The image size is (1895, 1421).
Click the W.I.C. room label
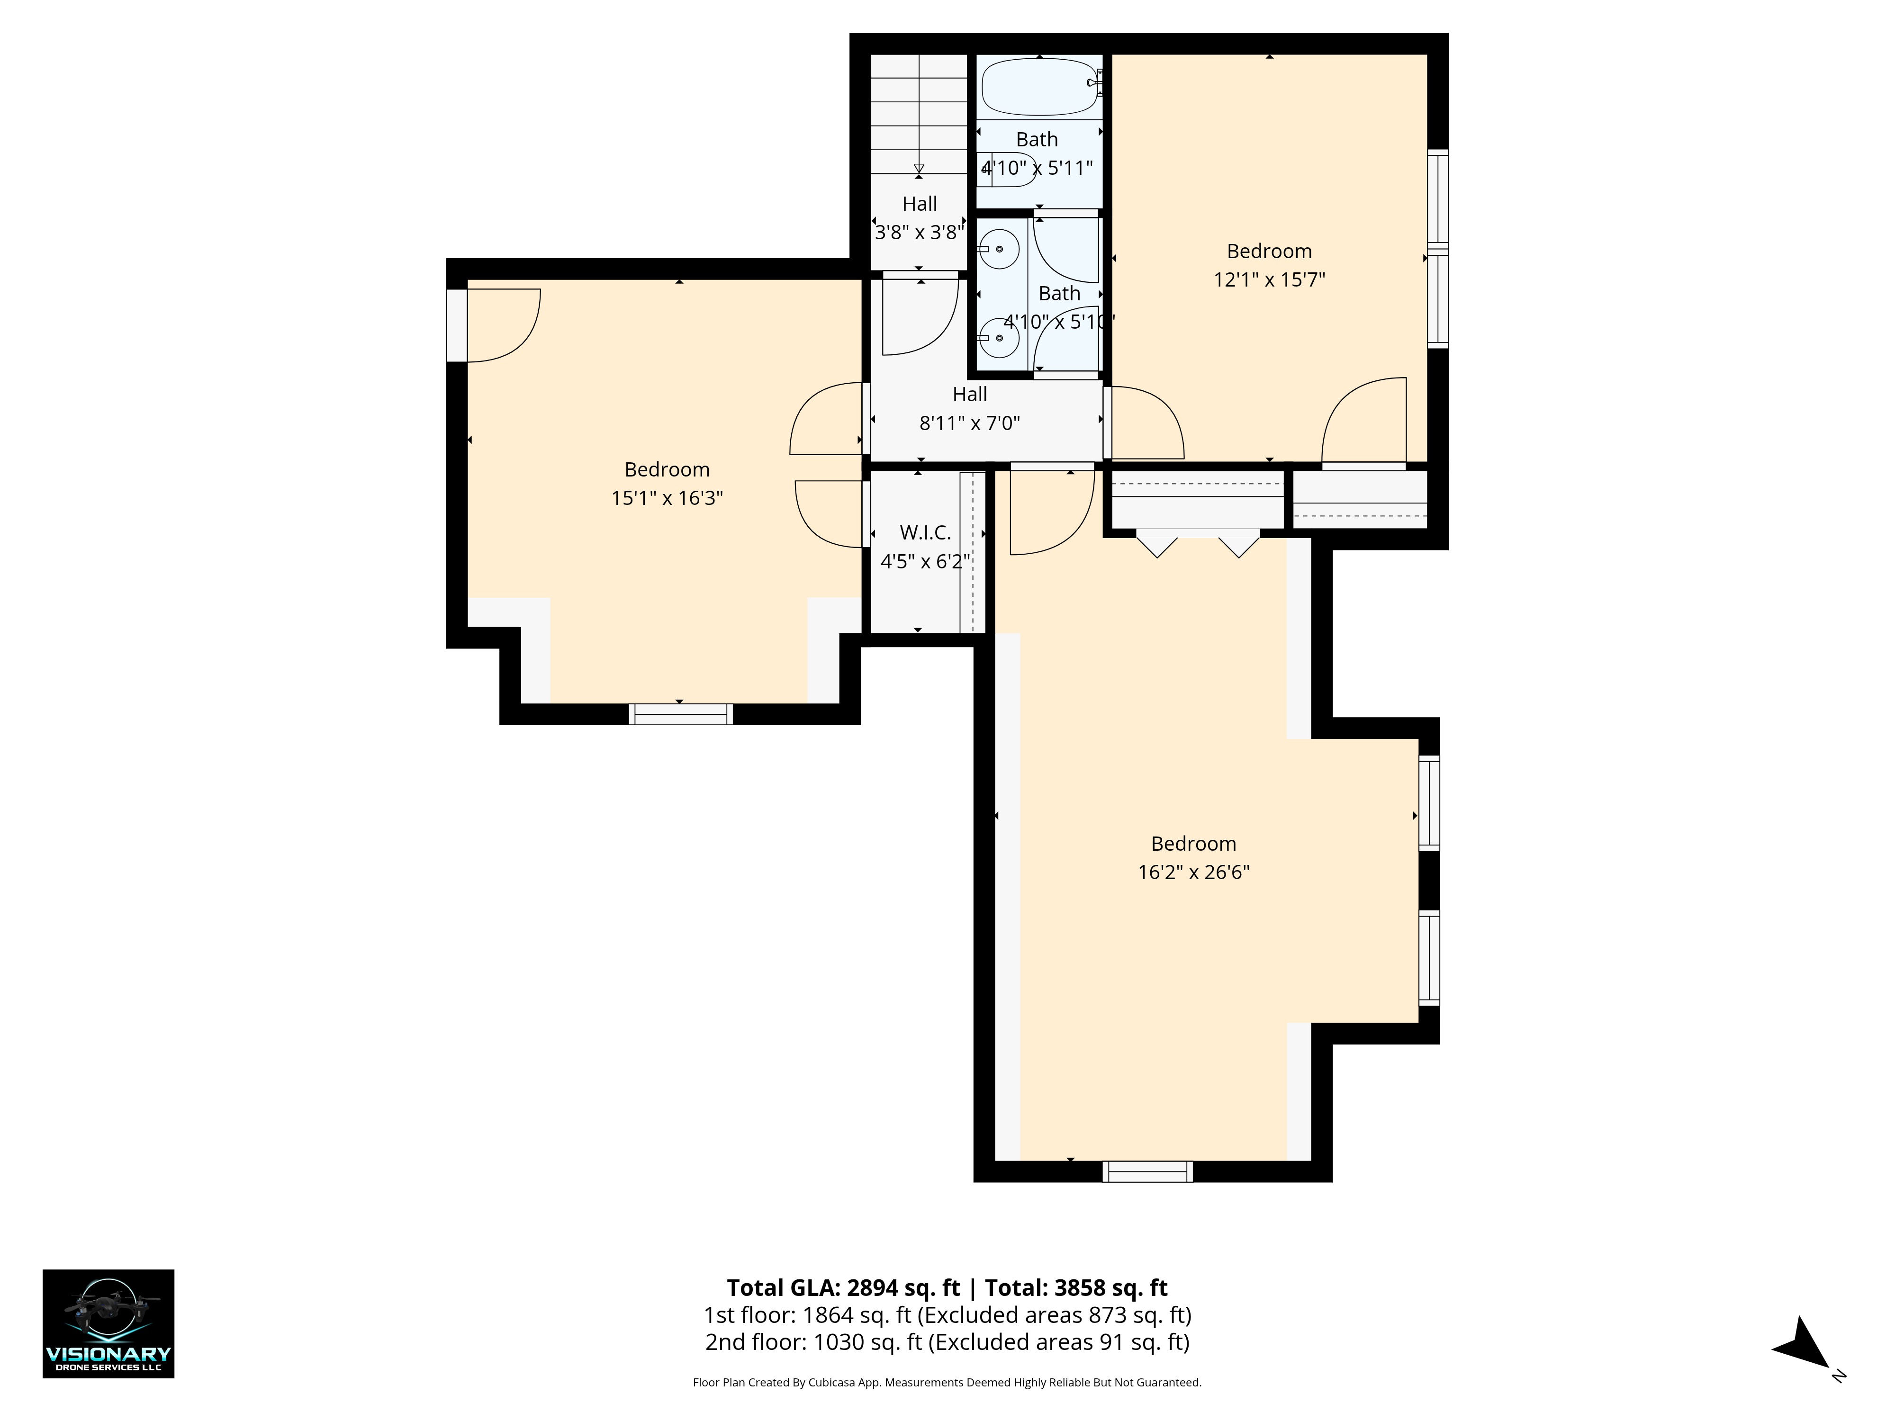(925, 533)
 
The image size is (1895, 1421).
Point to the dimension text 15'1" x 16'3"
(668, 498)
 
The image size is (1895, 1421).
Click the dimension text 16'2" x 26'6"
(1193, 872)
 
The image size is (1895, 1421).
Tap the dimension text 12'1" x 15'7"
(1269, 279)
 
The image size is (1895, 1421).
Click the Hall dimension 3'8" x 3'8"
(919, 232)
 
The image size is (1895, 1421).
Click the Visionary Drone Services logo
(109, 1323)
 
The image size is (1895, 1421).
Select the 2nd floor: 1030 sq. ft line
(947, 1342)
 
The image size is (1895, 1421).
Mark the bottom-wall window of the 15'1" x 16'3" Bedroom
(681, 714)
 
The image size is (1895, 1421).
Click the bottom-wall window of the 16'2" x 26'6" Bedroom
(1147, 1172)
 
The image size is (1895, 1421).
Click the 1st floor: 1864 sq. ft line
(947, 1315)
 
